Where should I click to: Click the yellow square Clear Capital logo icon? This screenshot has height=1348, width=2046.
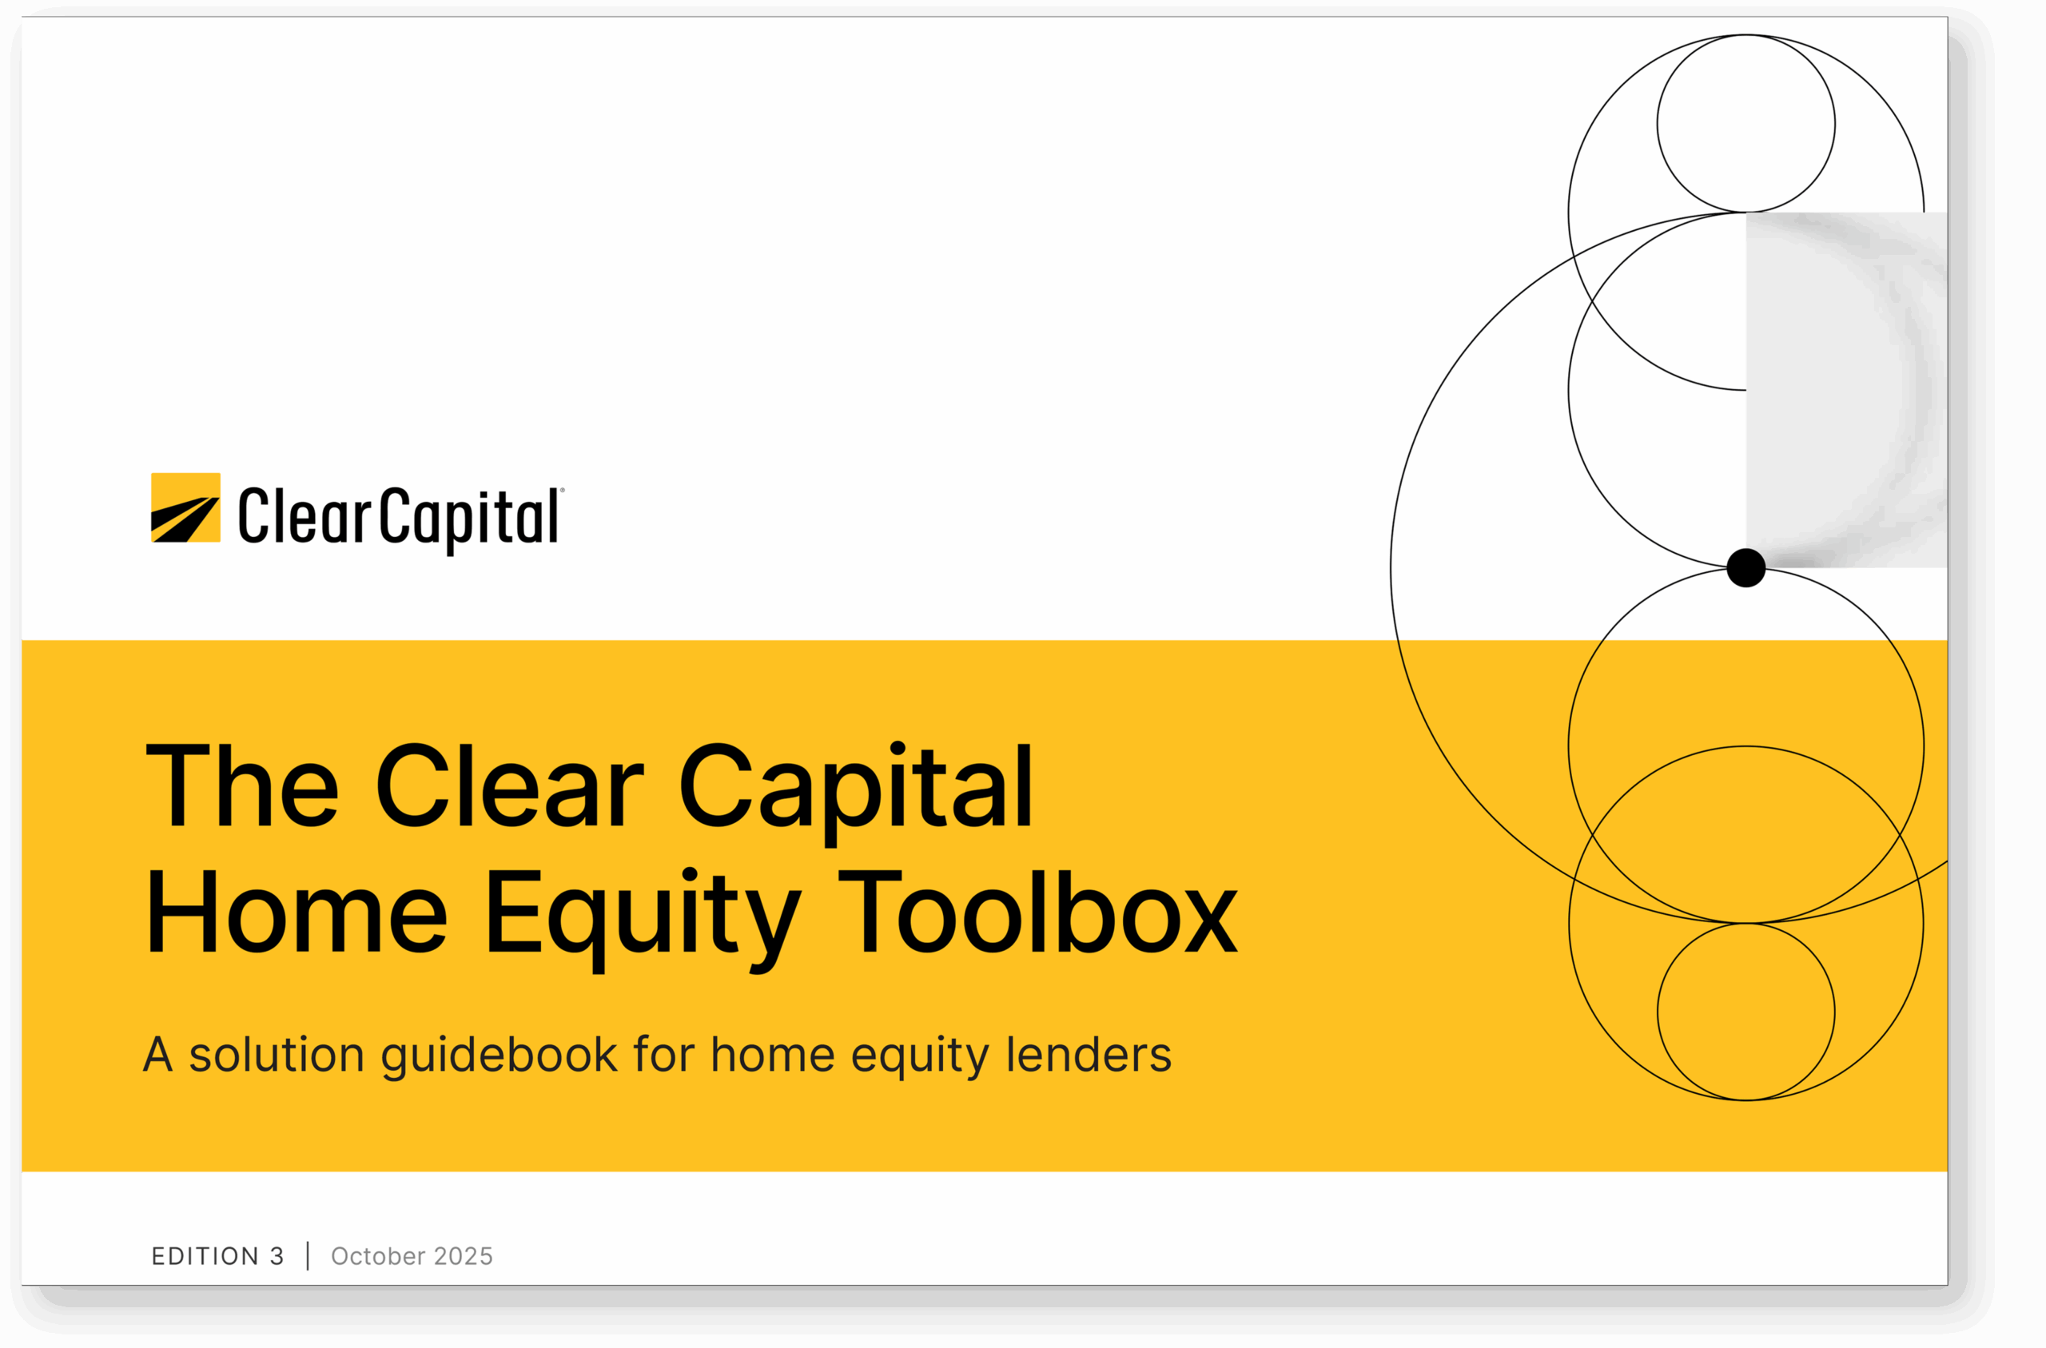click(x=185, y=507)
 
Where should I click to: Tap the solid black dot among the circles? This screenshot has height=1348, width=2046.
click(x=1746, y=567)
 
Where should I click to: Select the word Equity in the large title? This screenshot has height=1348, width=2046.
click(x=644, y=920)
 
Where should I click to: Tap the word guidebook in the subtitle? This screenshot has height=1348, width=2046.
click(x=499, y=1056)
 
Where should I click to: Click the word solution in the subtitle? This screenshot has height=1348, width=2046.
click(x=277, y=1054)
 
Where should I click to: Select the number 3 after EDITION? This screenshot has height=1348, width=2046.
click(x=277, y=1256)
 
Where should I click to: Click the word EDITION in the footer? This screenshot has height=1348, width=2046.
click(x=205, y=1256)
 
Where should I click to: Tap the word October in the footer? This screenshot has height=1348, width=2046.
click(x=378, y=1256)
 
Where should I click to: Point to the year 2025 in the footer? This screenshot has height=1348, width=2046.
click(x=464, y=1256)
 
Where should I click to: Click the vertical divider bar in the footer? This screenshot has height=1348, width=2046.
click(x=308, y=1256)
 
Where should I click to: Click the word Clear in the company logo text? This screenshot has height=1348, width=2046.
click(x=305, y=516)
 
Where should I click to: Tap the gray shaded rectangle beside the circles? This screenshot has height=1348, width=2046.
click(x=1846, y=389)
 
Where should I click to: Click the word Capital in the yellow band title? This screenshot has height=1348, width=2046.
click(x=856, y=793)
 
